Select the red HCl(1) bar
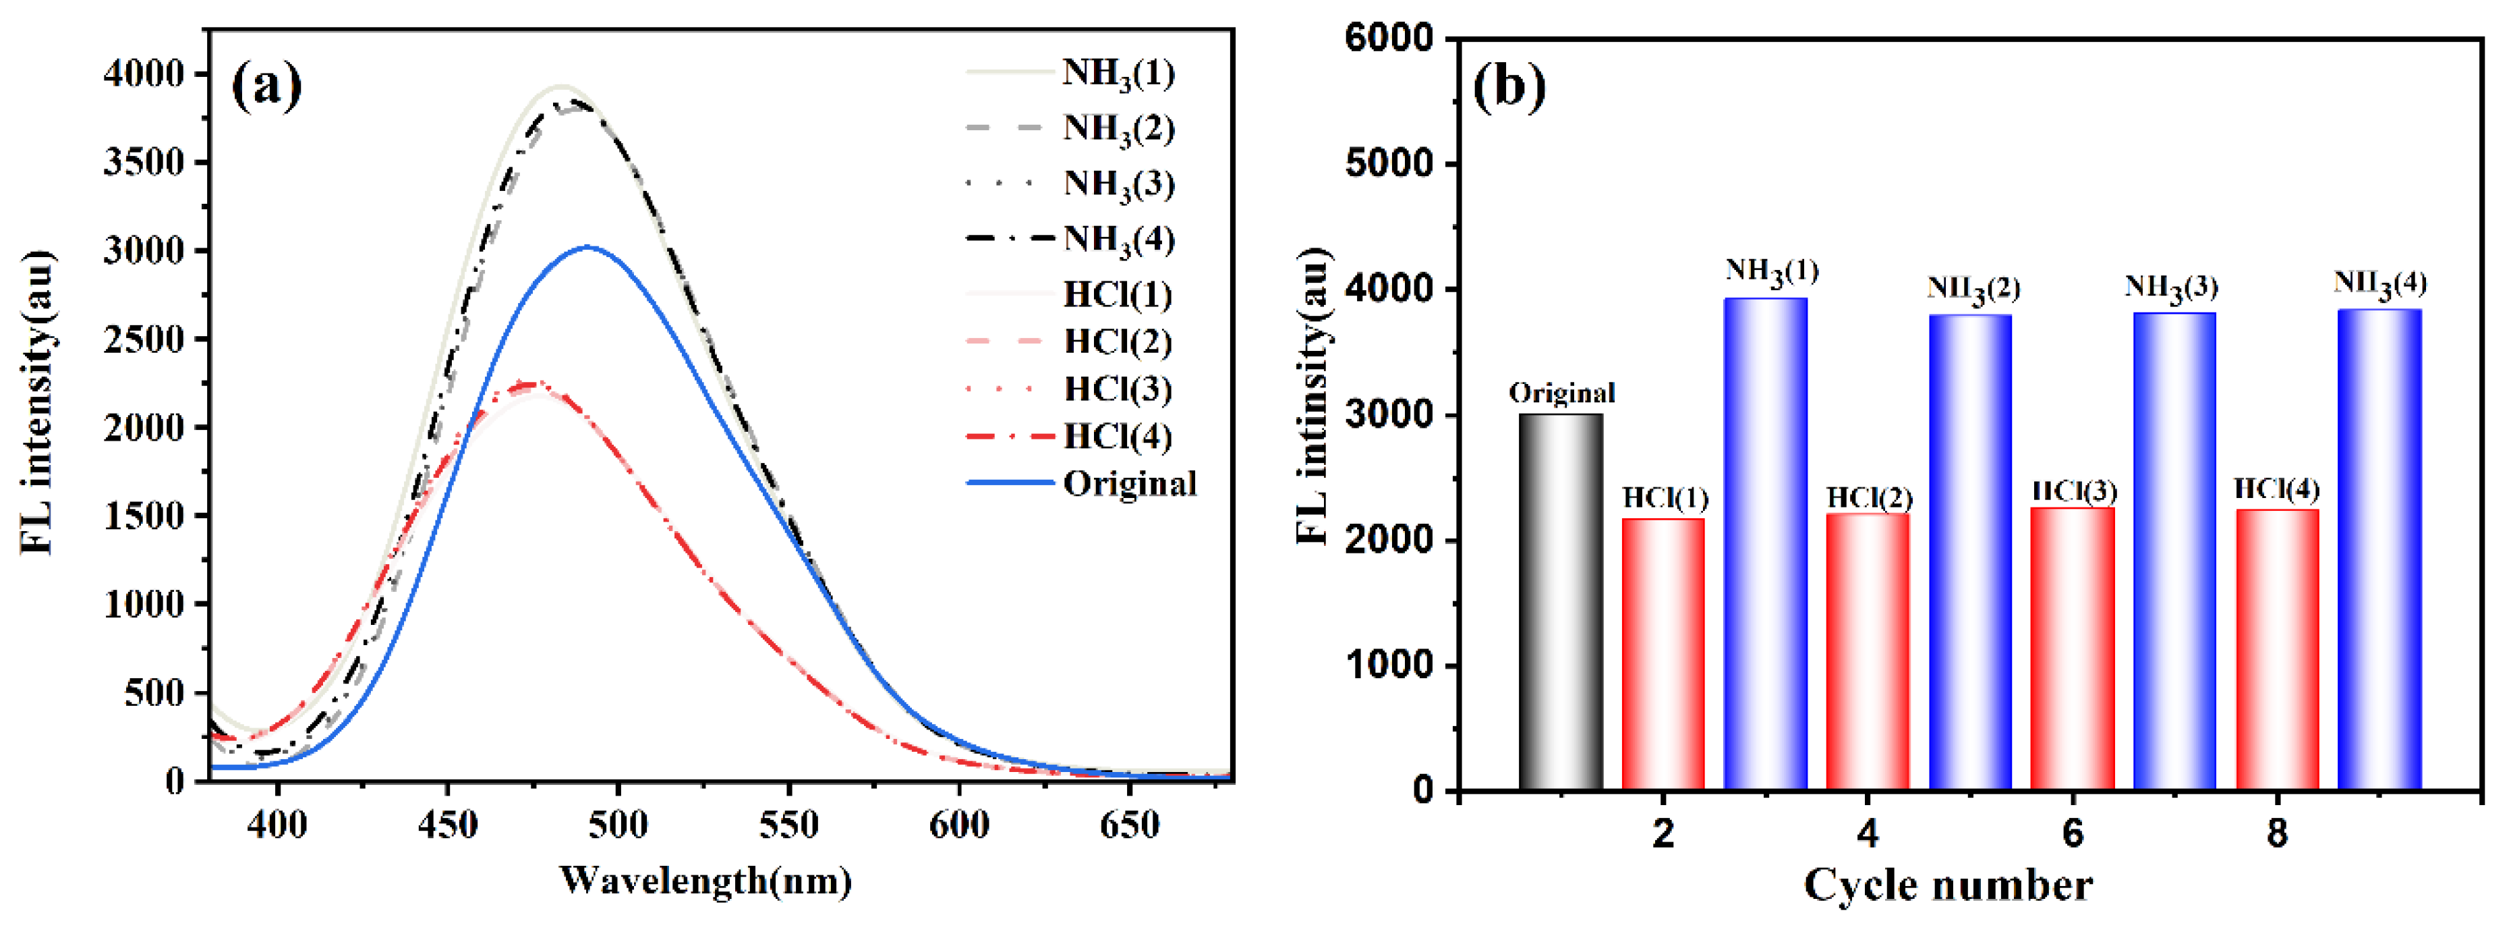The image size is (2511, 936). tap(1663, 654)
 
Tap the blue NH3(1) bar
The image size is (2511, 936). tap(1765, 544)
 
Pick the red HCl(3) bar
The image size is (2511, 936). tap(2073, 649)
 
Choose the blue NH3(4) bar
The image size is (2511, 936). tap(2379, 549)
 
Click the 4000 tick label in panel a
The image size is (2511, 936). tap(144, 74)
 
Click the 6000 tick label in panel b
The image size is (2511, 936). tap(1389, 39)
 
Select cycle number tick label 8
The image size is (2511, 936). tap(2276, 833)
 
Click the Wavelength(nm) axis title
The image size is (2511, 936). tap(705, 881)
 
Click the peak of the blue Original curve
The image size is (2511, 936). tap(587, 247)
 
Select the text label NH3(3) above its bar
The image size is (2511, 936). tap(2171, 287)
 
